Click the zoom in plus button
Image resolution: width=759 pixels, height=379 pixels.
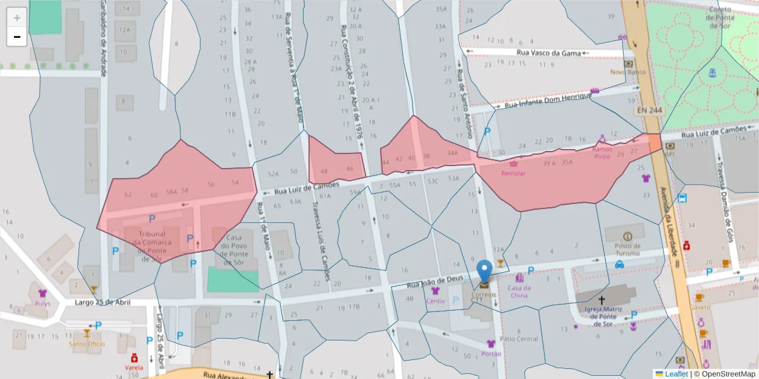pos(17,18)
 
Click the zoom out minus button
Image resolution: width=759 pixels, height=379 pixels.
pos(17,37)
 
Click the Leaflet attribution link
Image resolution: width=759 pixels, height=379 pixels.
pos(676,374)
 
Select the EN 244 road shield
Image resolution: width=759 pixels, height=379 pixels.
pos(649,111)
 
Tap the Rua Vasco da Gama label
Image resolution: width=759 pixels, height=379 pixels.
pos(548,54)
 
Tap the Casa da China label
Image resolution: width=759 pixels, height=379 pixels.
pos(519,292)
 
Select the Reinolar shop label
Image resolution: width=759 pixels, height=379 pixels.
pos(513,174)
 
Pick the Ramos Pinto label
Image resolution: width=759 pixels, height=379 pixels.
pos(602,153)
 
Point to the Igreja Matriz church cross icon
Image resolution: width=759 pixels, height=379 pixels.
pos(602,301)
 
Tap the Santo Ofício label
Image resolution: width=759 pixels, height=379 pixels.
pos(86,344)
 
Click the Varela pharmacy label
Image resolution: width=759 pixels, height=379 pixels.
pos(133,367)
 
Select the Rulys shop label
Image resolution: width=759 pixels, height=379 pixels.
pos(43,303)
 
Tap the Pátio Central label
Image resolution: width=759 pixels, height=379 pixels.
pos(519,339)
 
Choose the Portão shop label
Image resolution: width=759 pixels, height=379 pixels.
pos(491,354)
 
